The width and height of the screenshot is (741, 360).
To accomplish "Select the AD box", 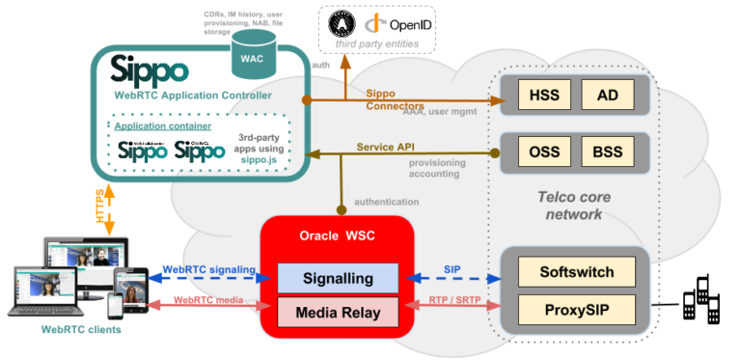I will tap(608, 95).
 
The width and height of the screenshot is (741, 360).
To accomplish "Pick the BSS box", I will tap(608, 152).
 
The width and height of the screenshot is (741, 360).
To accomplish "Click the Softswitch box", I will tap(577, 271).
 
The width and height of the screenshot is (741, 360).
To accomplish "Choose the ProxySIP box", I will tap(577, 310).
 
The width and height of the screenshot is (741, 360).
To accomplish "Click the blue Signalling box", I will tap(337, 278).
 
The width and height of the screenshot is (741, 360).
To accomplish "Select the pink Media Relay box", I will tap(337, 312).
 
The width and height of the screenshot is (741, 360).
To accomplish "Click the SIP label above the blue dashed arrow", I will tap(452, 267).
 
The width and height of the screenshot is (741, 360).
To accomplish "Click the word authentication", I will tap(387, 202).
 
